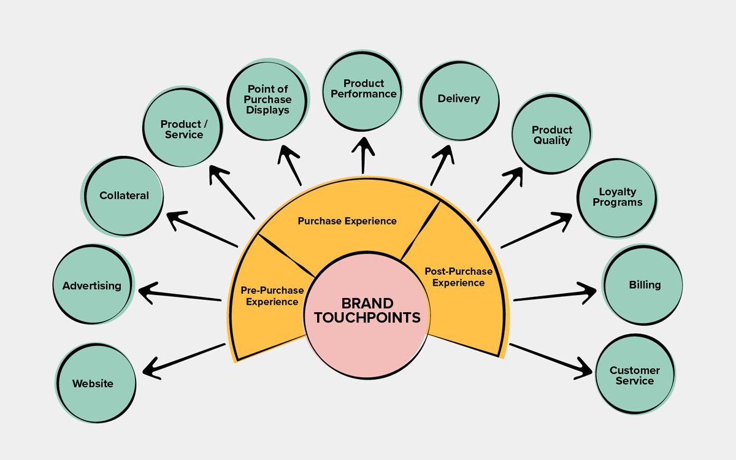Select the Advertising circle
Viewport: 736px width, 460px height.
[x=93, y=285]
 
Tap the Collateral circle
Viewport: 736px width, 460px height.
[x=124, y=196]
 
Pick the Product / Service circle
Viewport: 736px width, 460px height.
[x=183, y=129]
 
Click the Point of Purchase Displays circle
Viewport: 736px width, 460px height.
[x=268, y=99]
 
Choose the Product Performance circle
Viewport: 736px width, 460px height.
[x=363, y=90]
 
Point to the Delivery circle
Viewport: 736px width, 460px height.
[x=459, y=99]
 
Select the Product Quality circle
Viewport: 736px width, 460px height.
[x=551, y=135]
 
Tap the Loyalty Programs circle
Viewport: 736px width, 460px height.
[x=617, y=197]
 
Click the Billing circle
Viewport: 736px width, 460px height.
[x=644, y=285]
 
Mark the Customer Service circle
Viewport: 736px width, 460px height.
[x=635, y=375]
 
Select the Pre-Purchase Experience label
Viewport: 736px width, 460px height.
[x=272, y=296]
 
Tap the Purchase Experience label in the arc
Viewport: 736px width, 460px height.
[x=347, y=221]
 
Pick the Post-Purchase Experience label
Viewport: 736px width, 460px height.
[x=458, y=277]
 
